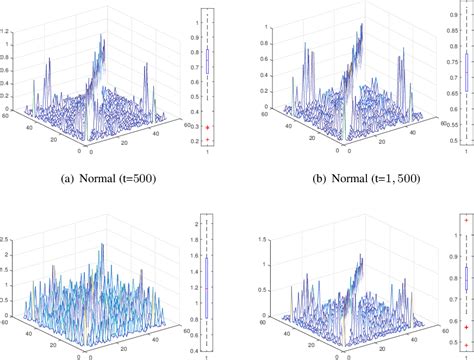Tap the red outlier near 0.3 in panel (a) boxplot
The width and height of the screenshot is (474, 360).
click(x=207, y=128)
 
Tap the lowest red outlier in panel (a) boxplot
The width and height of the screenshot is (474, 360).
click(x=207, y=141)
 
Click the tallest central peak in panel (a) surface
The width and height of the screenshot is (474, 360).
click(x=103, y=42)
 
